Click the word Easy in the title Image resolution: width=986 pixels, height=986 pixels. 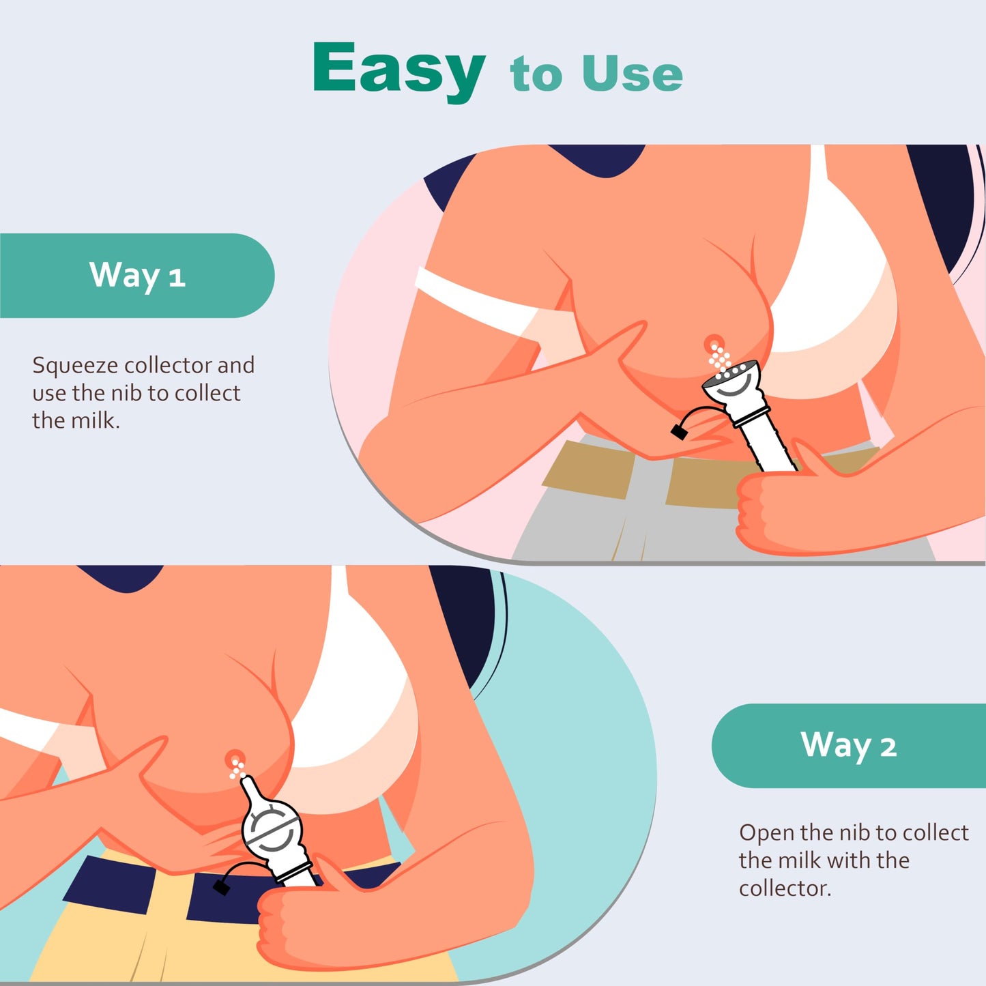[398, 70]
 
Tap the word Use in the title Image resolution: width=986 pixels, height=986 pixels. [633, 74]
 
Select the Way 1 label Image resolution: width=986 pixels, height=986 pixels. [137, 275]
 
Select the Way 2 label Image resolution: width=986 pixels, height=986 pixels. [848, 746]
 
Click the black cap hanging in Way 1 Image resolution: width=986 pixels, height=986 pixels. [679, 432]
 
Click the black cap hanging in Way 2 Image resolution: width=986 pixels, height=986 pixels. [222, 887]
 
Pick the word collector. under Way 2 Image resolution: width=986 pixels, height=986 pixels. [785, 889]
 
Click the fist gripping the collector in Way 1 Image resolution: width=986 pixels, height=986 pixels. [778, 506]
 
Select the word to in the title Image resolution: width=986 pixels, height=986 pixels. [536, 75]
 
